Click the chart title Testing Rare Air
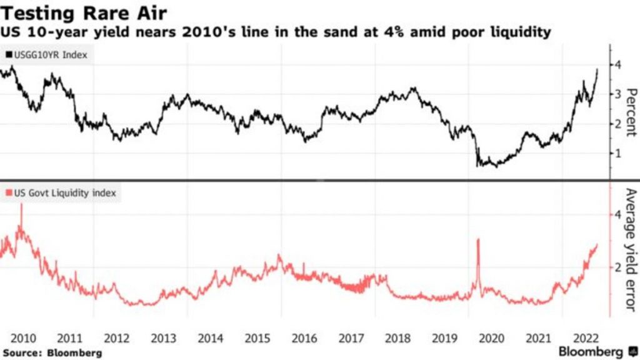click(83, 12)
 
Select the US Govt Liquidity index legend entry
click(61, 194)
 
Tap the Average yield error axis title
click(631, 250)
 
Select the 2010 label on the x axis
click(23, 338)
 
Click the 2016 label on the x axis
click(304, 338)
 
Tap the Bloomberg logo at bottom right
click(594, 351)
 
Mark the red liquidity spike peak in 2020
click(478, 239)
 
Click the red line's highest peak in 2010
click(22, 204)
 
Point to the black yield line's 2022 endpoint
click(597, 70)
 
